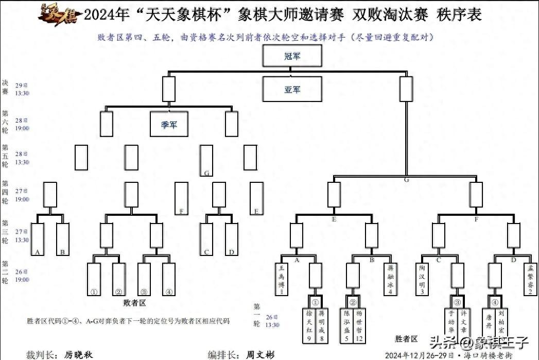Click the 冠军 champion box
[x=292, y=56]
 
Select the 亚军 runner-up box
[x=292, y=89]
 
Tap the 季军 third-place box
[x=168, y=124]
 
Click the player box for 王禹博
[x=282, y=279]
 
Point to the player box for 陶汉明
[x=422, y=279]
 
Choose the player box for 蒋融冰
[x=391, y=279]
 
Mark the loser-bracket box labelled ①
[x=94, y=280]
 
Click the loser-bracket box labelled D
[x=232, y=239]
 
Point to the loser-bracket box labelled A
[x=38, y=239]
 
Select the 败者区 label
[x=135, y=303]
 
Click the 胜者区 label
[x=406, y=339]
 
